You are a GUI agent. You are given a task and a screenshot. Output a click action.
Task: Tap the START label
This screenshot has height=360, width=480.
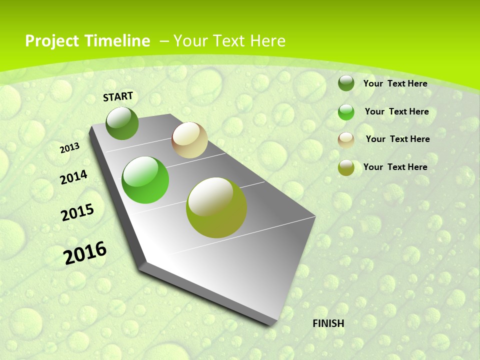(x=118, y=96)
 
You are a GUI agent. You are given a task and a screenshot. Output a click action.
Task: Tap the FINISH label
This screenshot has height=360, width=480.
(x=328, y=323)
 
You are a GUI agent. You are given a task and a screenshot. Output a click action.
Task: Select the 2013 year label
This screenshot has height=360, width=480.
(x=70, y=147)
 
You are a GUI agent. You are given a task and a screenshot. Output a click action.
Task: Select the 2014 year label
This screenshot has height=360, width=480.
(x=73, y=177)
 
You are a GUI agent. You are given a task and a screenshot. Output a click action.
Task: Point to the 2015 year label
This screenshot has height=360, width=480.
(x=77, y=212)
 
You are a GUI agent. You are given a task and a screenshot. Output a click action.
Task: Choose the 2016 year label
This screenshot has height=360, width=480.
(x=85, y=252)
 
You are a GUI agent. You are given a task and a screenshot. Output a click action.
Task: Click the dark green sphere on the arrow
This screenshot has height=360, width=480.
(x=122, y=123)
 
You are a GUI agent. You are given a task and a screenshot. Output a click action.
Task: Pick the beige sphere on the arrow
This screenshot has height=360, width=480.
(x=189, y=140)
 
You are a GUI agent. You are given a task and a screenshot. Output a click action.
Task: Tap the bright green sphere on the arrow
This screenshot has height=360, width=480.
(x=145, y=180)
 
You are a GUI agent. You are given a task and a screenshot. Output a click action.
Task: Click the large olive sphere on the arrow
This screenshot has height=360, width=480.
(x=216, y=207)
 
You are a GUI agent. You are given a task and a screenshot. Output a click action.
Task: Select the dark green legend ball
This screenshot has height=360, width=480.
(x=346, y=83)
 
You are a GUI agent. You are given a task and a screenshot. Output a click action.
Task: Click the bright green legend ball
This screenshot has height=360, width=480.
(x=346, y=112)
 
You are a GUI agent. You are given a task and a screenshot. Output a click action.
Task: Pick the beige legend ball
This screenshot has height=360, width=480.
(x=346, y=140)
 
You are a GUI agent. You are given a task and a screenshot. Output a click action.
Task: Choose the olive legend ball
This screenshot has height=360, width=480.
(x=346, y=168)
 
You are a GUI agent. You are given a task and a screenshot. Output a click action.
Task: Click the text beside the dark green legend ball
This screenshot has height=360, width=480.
(x=395, y=83)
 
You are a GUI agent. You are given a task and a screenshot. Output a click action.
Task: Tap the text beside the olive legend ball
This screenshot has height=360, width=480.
(x=395, y=167)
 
